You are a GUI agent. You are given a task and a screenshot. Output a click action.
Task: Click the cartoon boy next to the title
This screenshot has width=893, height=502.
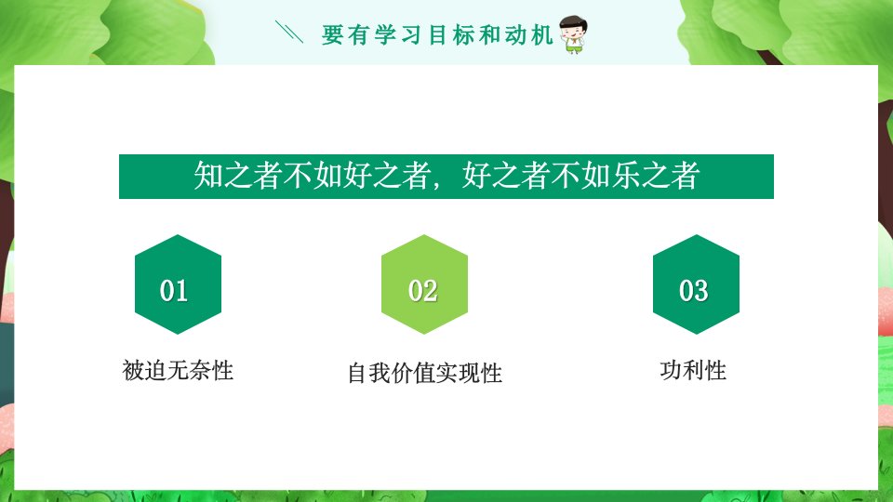coord(572,34)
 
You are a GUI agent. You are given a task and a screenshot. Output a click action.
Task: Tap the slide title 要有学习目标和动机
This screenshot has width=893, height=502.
coord(437,35)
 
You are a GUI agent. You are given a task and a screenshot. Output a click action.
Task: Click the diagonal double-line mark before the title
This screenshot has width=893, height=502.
coord(289,32)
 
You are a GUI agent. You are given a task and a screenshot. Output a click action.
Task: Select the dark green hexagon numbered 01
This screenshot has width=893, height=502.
coord(179,284)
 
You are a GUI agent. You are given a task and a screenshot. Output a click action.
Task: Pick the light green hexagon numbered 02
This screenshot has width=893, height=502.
coord(424,284)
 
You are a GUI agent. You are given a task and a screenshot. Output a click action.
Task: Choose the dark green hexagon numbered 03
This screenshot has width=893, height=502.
coord(696,284)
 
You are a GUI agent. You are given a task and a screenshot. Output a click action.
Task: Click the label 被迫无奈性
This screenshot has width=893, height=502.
coord(178,371)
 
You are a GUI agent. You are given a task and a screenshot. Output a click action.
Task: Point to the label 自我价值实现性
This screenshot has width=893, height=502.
coord(425,374)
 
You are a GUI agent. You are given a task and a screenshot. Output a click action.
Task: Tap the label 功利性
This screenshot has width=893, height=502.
coord(693,371)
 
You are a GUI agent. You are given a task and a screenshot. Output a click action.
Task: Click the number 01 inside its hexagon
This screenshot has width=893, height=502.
coord(174,291)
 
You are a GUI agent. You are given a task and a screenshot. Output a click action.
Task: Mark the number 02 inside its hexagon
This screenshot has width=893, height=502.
coord(422,291)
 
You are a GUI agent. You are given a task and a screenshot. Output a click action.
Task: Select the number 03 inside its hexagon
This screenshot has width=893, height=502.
coord(694,291)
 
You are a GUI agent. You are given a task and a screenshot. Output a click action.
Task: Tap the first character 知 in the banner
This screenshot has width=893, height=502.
coord(207,176)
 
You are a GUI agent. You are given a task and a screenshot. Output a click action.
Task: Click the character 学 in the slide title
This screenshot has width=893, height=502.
coord(385,35)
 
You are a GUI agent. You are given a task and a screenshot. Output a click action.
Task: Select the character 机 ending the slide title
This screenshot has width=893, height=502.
coord(542,35)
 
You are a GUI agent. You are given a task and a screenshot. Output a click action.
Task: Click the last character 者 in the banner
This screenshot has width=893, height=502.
coord(686,176)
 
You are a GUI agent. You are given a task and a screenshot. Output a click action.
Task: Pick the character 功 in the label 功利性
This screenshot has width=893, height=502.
coord(672,371)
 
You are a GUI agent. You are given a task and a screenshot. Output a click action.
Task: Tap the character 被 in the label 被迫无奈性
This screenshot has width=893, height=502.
coord(133,371)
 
